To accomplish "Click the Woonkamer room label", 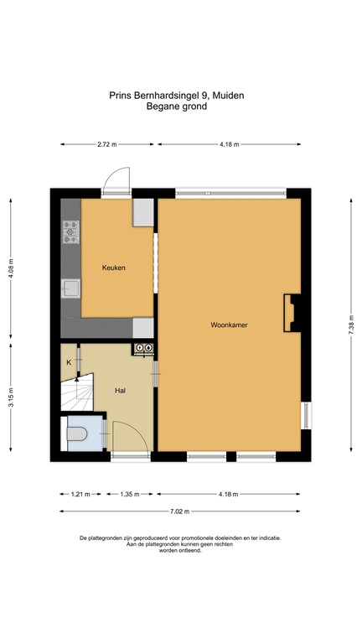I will coord(229,324).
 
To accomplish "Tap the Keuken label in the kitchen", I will coord(114,267).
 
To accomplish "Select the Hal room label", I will coord(121,390).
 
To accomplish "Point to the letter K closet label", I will coord(69,362).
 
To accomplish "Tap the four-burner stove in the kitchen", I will coord(70,231).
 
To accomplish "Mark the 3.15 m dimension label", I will coord(11,397).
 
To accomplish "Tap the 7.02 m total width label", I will coord(179,512).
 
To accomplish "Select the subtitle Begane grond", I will coord(176,106).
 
